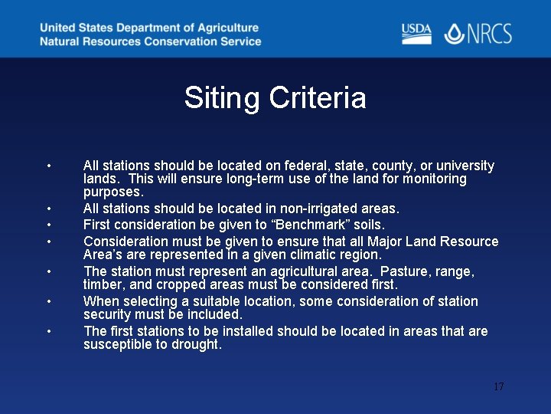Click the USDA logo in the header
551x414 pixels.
pyautogui.click(x=416, y=34)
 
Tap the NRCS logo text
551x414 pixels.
pyautogui.click(x=490, y=34)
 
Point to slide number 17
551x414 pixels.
pyautogui.click(x=498, y=386)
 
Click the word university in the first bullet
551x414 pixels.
pyautogui.click(x=465, y=166)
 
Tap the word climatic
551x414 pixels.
pyautogui.click(x=292, y=255)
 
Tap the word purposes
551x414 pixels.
pyautogui.click(x=113, y=192)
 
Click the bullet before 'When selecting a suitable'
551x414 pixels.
pyautogui.click(x=48, y=301)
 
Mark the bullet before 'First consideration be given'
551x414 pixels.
pyautogui.click(x=48, y=225)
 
